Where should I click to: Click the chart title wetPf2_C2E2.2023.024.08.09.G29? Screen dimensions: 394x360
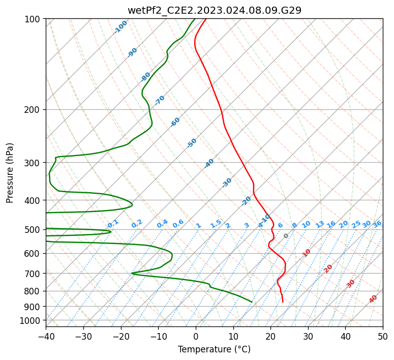pos(215,10)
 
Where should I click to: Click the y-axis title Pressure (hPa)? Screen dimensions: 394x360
pos(9,173)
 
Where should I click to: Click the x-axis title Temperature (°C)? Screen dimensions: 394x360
pos(215,349)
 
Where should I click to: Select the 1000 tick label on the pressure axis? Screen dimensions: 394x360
pos(33,321)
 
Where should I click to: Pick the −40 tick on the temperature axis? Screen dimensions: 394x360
pos(46,336)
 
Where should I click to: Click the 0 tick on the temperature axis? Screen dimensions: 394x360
pos(196,336)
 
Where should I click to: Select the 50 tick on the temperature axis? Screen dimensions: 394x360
pos(383,336)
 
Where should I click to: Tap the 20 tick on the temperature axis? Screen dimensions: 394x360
pos(270,336)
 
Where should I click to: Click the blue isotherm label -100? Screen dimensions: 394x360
pos(120,27)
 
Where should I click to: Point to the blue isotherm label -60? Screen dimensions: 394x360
pos(175,122)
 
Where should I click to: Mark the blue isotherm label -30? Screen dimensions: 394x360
pos(227,183)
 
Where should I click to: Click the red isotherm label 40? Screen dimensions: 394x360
pos(373,299)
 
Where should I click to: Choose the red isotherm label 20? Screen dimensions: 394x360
pos(328,269)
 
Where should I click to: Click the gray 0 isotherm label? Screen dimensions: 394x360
pos(286,236)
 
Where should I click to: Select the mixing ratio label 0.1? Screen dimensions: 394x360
pos(113,224)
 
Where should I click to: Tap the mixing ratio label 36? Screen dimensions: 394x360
pos(377,224)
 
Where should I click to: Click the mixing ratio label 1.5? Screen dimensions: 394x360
pos(216,224)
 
